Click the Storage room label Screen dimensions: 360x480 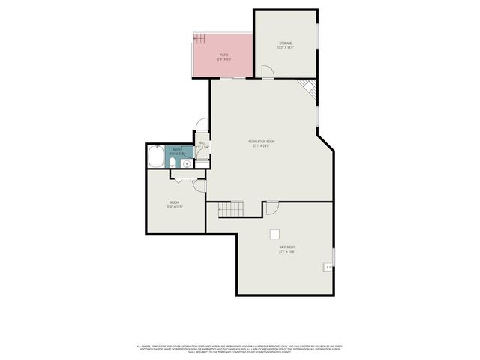point(286,43)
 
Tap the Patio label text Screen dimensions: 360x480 point(223,55)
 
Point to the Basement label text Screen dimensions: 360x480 point(287,247)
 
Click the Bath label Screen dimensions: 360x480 point(177,150)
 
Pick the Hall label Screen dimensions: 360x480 point(202,142)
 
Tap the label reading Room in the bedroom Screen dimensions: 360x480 point(174,202)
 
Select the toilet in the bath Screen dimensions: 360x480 point(172,162)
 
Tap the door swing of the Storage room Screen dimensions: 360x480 point(267,71)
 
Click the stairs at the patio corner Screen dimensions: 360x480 point(199,38)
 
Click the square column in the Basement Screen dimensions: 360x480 point(275,233)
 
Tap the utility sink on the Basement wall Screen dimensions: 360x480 point(327,266)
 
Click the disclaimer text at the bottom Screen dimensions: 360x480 point(240,348)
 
